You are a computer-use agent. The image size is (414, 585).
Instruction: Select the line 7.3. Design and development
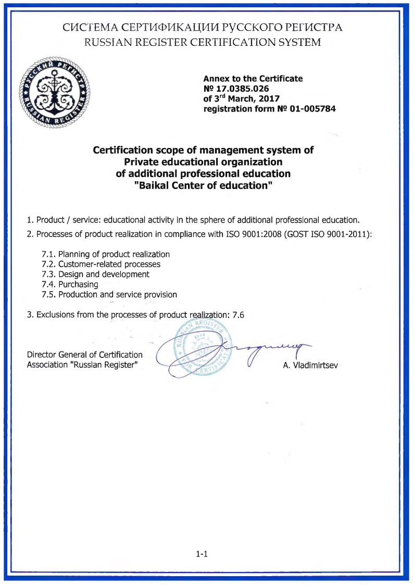click(x=95, y=274)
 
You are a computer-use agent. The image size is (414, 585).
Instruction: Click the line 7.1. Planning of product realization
click(x=106, y=254)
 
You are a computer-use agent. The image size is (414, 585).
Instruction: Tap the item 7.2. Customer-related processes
click(x=101, y=264)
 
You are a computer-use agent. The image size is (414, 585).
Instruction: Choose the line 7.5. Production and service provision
click(x=109, y=294)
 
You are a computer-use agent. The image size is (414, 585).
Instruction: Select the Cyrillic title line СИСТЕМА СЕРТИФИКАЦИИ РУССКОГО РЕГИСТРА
click(x=202, y=27)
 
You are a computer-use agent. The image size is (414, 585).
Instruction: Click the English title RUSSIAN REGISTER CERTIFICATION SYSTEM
click(x=202, y=42)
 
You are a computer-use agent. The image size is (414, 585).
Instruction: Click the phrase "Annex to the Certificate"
click(x=253, y=79)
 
